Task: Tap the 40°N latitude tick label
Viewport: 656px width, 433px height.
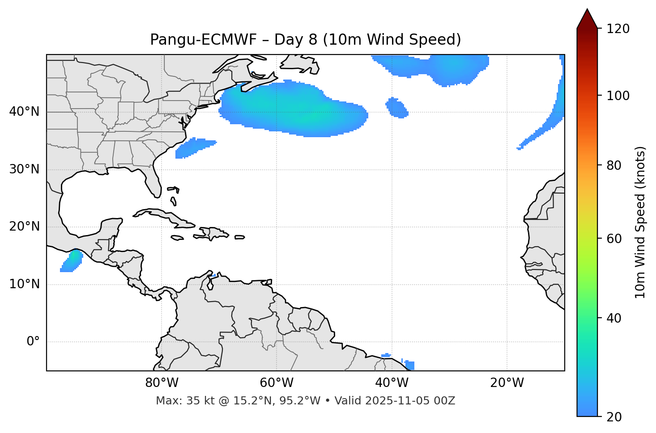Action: coord(24,111)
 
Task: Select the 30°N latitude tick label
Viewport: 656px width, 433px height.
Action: coord(24,169)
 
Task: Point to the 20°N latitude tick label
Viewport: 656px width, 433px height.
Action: coord(24,227)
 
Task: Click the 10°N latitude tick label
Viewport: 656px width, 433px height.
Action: coord(24,284)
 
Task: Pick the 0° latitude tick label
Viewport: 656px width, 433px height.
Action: coord(33,342)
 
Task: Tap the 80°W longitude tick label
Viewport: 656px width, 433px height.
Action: coord(162,383)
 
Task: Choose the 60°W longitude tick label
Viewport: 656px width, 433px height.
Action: coord(277,383)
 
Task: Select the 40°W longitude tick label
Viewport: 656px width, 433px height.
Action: coord(392,383)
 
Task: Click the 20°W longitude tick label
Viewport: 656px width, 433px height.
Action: coord(507,383)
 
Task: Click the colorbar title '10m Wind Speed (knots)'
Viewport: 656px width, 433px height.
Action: coord(640,222)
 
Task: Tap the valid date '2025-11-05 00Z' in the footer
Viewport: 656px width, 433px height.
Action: coord(410,401)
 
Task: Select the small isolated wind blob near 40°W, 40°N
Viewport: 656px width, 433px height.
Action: coord(396,108)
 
